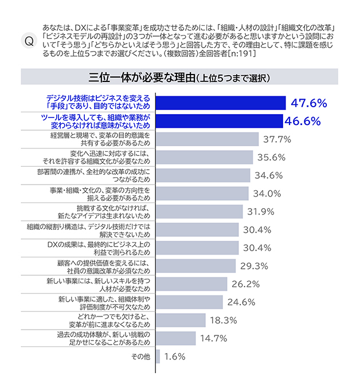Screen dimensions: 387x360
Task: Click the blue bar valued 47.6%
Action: pyautogui.click(x=221, y=103)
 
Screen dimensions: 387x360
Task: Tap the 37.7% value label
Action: pyautogui.click(x=277, y=139)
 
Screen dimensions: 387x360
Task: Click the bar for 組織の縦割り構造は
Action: pyautogui.click(x=197, y=230)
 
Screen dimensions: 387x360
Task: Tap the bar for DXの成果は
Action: pyautogui.click(x=197, y=248)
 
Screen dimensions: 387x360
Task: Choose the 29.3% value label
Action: pyautogui.click(x=255, y=266)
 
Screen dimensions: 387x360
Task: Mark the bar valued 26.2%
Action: pyautogui.click(x=191, y=284)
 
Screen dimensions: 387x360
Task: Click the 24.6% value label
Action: pyautogui.click(x=241, y=302)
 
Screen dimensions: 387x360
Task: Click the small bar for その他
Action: pyautogui.click(x=158, y=356)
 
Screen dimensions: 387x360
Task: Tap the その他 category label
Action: pyautogui.click(x=140, y=357)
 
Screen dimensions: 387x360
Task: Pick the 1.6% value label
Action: pyautogui.click(x=175, y=357)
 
